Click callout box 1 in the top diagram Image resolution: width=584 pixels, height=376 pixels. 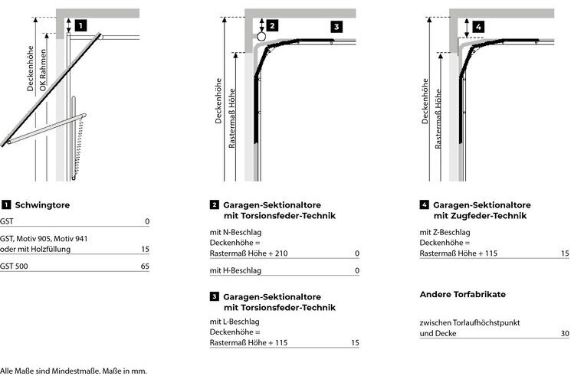(80, 25)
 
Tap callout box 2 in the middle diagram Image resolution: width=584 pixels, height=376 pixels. (272, 25)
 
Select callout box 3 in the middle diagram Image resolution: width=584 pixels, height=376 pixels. (336, 26)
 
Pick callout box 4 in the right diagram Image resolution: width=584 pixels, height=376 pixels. (478, 26)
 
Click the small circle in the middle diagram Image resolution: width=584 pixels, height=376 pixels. (261, 35)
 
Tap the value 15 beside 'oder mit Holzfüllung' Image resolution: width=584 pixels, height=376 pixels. (145, 250)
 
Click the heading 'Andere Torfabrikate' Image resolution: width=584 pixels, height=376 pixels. (463, 294)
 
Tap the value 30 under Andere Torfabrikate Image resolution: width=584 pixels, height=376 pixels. (564, 334)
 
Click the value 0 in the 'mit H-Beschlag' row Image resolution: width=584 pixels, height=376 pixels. (356, 271)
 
